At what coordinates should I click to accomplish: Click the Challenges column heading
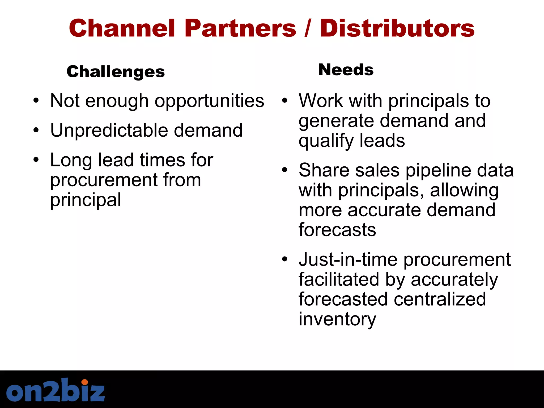click(116, 72)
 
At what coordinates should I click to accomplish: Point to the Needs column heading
click(346, 70)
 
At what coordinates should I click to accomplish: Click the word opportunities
click(209, 101)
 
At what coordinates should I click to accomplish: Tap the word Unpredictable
click(109, 131)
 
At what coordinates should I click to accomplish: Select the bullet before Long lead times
click(36, 160)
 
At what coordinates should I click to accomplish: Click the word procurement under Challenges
click(104, 180)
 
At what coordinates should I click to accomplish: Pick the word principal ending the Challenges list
click(86, 200)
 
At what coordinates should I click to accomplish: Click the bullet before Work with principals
click(284, 101)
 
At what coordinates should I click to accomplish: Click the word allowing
click(464, 191)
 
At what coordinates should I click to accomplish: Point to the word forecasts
click(337, 230)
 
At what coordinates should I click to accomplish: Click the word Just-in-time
click(348, 260)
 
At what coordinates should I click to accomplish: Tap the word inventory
click(337, 319)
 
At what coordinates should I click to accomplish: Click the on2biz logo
click(56, 390)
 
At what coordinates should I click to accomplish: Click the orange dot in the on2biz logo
click(84, 382)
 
